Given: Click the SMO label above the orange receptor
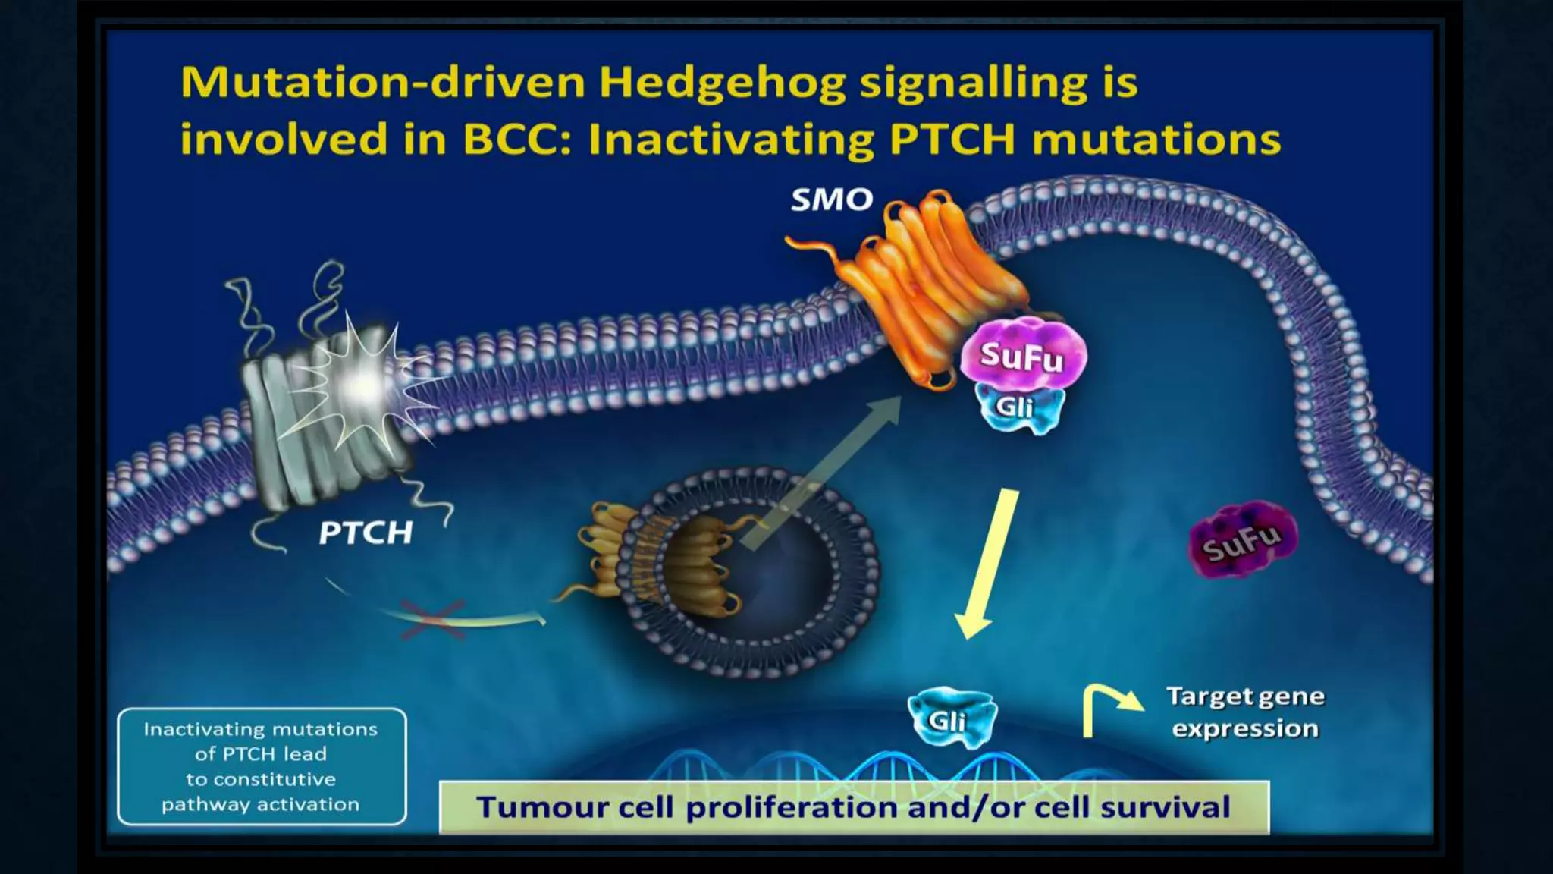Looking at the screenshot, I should (x=832, y=200).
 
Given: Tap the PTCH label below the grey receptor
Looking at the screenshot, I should (x=366, y=533).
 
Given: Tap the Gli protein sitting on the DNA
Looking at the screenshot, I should (x=949, y=718).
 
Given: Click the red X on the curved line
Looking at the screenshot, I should (x=432, y=618).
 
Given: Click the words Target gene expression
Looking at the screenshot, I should (x=1245, y=712).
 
